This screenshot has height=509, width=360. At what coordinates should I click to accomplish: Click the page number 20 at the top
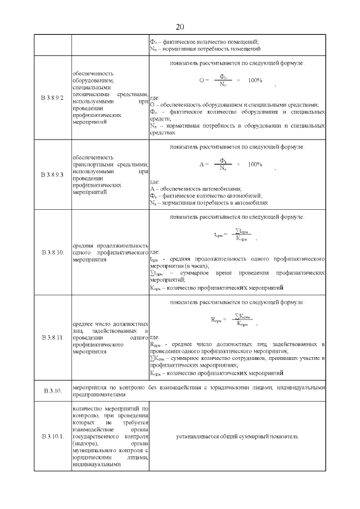click(180, 26)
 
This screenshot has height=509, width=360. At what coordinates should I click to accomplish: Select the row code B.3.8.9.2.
click(52, 98)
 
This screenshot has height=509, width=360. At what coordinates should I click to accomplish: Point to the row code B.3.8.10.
click(52, 253)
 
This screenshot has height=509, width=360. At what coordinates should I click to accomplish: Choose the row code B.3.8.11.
click(52, 338)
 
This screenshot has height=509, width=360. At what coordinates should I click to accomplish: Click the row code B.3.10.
click(52, 390)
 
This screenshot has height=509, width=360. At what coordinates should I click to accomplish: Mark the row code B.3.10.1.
click(52, 436)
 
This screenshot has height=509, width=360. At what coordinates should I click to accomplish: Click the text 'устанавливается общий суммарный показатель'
click(237, 436)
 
